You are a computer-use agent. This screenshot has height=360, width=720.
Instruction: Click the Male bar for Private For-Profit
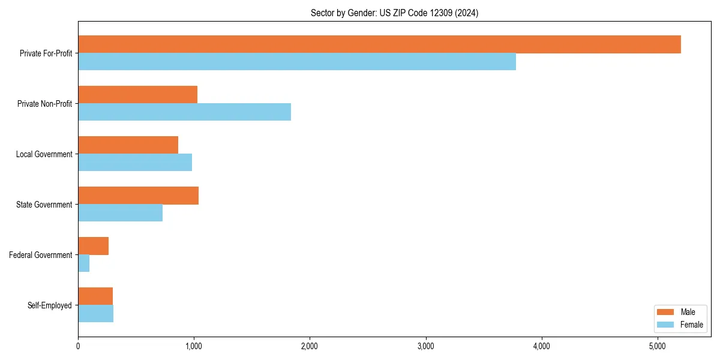click(x=379, y=44)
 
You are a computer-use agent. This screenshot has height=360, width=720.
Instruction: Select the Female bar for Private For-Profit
click(x=297, y=62)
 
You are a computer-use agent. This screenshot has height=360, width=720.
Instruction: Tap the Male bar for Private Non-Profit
click(x=137, y=95)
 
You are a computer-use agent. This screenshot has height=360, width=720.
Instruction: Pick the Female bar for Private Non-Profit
click(x=184, y=112)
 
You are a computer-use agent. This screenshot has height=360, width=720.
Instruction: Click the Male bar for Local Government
click(x=128, y=145)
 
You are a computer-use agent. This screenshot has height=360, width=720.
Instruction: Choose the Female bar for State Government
click(x=120, y=213)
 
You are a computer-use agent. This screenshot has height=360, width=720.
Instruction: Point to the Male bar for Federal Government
click(x=93, y=246)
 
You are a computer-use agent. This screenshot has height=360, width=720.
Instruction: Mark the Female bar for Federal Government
click(x=83, y=263)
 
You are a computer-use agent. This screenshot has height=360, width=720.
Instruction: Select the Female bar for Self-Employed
click(x=95, y=314)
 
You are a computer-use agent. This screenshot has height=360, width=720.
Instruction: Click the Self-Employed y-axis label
click(x=49, y=305)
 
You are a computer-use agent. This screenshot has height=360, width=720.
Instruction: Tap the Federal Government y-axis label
click(x=40, y=255)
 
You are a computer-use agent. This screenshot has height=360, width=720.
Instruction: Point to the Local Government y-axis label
click(x=44, y=154)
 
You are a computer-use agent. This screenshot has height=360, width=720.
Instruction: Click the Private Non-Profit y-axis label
click(x=44, y=104)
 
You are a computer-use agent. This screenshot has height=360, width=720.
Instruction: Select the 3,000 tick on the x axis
click(x=425, y=346)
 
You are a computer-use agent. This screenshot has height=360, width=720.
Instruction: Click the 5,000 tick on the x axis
click(x=658, y=346)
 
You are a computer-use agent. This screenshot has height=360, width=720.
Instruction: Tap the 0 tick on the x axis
click(x=78, y=346)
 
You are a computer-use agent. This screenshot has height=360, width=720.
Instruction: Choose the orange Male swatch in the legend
click(x=666, y=312)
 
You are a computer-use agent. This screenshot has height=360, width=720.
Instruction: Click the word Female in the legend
click(x=691, y=325)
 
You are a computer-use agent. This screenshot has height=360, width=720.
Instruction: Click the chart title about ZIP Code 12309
click(x=394, y=13)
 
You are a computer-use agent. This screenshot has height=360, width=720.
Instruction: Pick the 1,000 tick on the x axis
click(x=193, y=346)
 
